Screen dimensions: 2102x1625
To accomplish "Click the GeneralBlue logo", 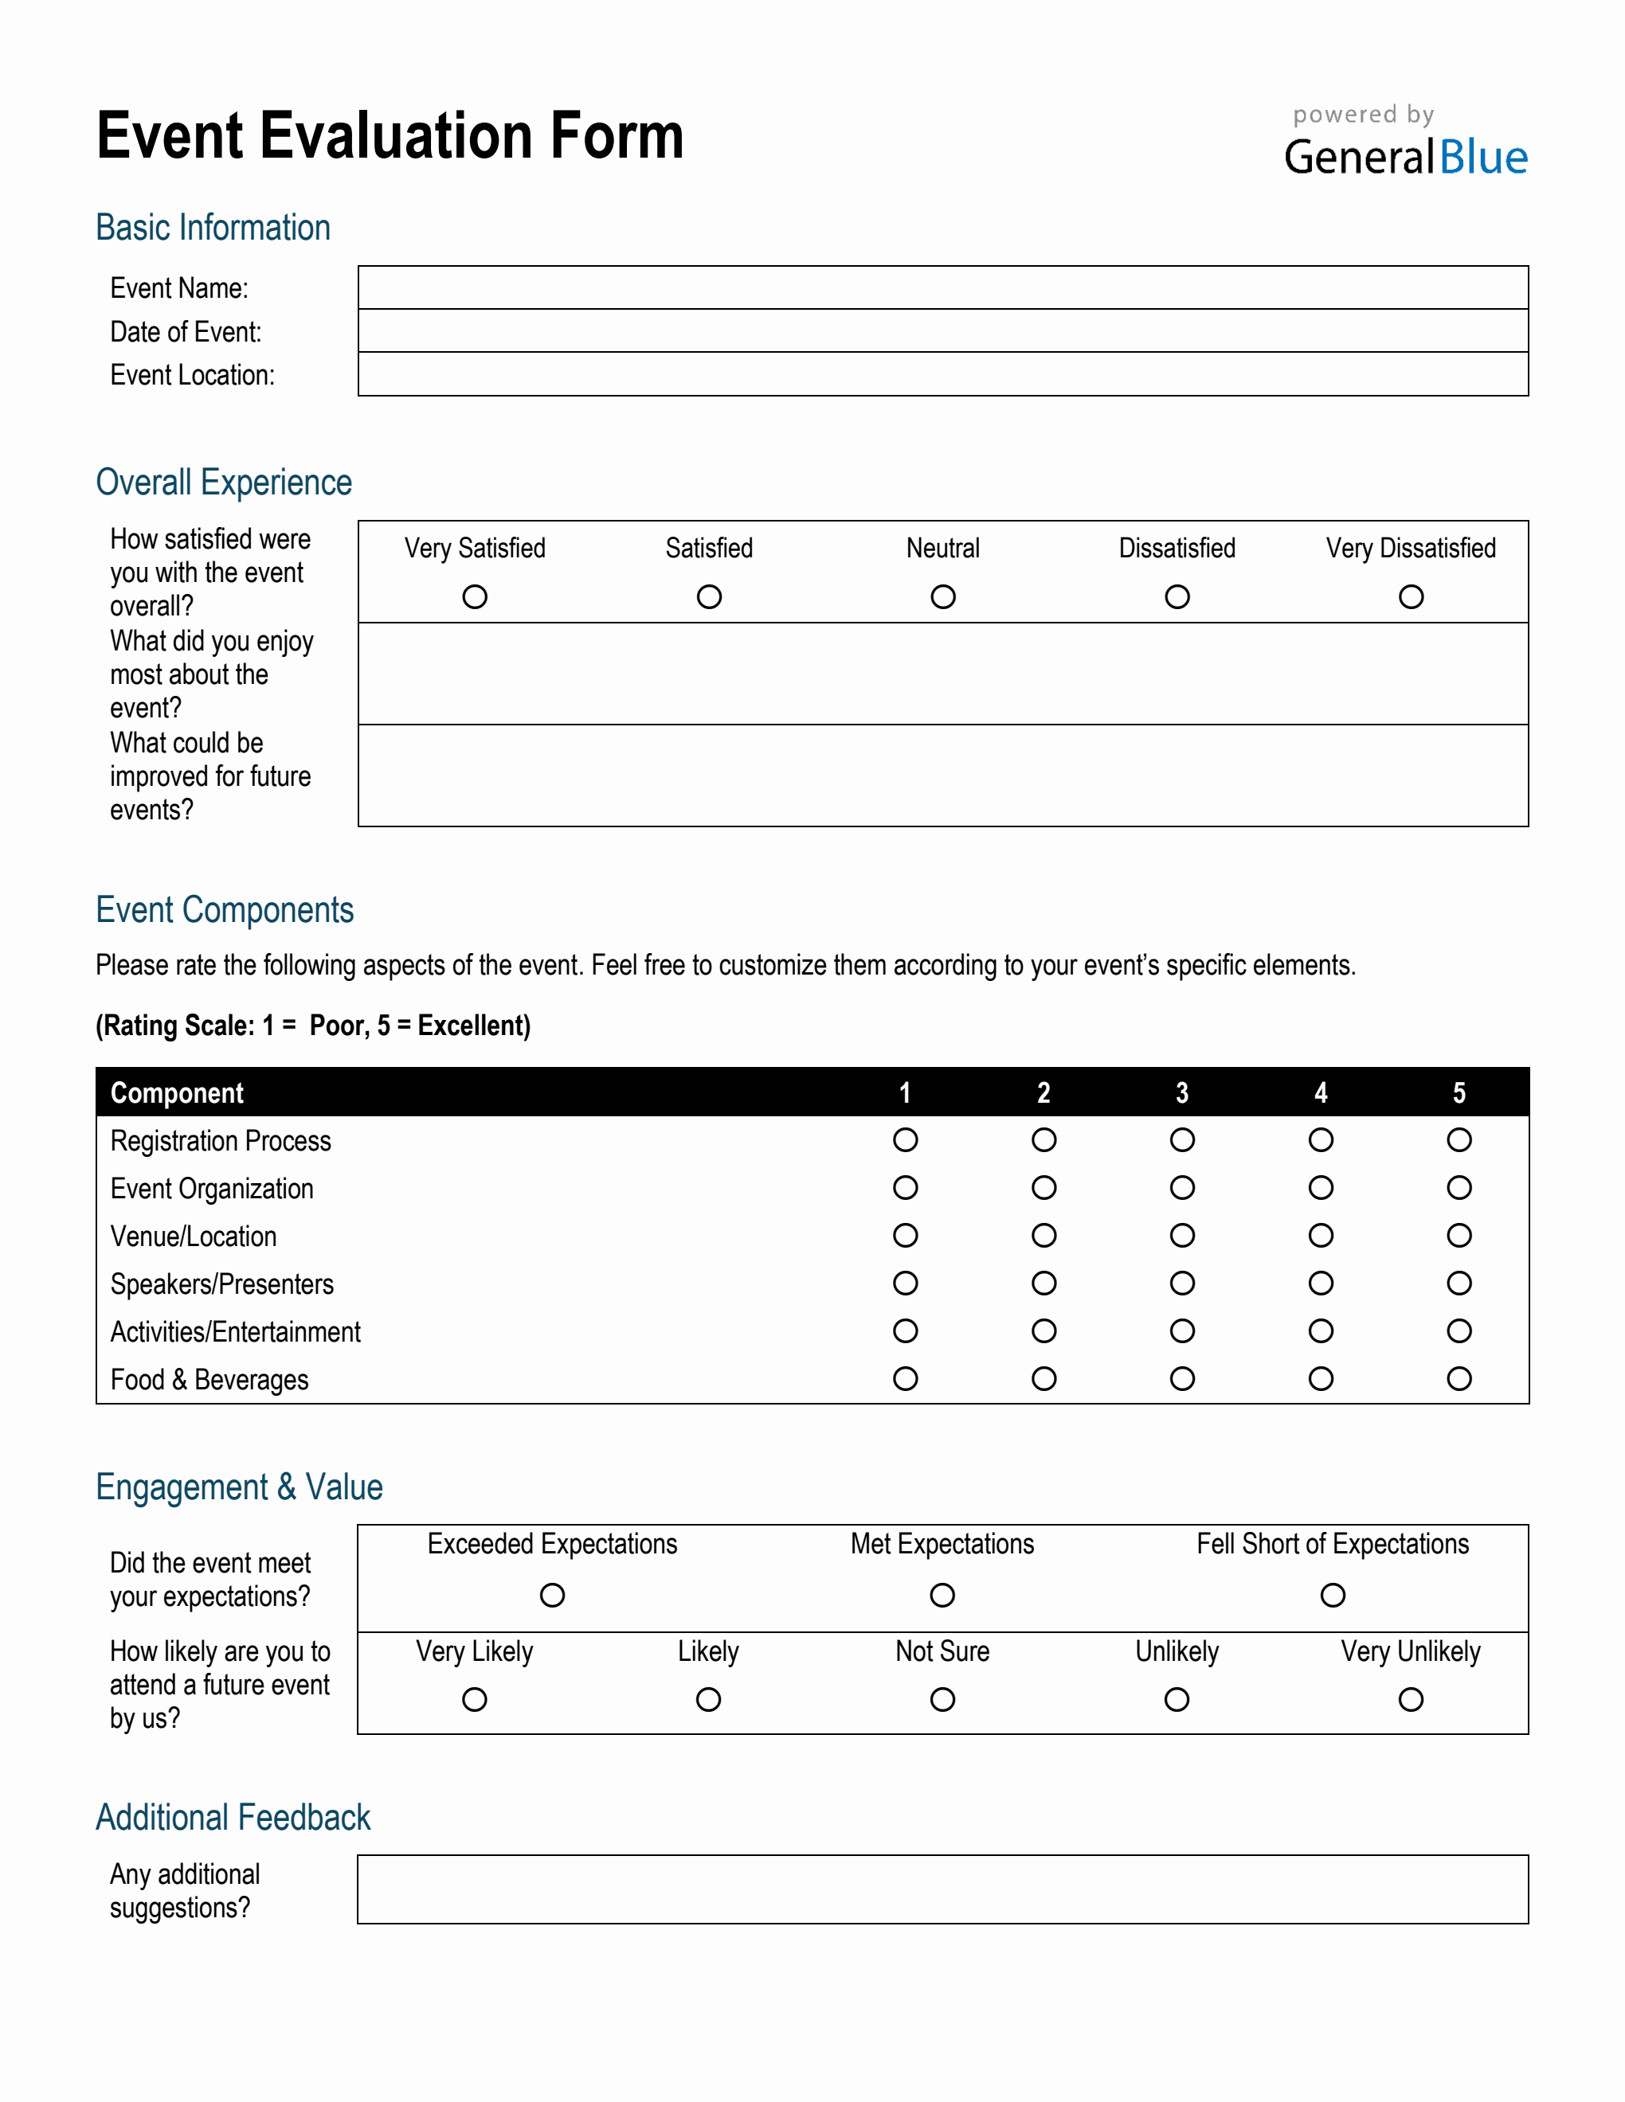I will coord(1404,156).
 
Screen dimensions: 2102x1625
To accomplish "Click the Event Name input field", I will coord(942,287).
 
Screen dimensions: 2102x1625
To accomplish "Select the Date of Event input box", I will coord(942,331).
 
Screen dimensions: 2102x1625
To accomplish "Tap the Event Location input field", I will coord(942,374).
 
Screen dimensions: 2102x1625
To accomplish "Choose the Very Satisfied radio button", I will coord(475,596).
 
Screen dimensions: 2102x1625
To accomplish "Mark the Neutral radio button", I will coord(942,596).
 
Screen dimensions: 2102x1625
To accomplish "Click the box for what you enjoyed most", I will coord(942,674).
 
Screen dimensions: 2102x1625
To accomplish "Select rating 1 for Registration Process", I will coord(905,1140).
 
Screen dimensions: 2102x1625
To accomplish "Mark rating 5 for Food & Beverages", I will coord(1459,1379).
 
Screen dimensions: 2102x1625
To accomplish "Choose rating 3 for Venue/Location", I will coord(1182,1236).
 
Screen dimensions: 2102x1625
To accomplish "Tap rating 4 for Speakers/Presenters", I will coord(1321,1284).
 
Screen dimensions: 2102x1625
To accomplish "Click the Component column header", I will coord(177,1093).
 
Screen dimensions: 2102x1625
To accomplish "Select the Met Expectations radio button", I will coord(942,1596).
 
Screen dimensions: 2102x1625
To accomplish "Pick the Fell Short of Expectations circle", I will coord(1333,1596).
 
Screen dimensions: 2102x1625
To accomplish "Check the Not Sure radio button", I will coord(942,1700).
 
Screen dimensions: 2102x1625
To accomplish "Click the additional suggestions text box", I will coord(942,1889).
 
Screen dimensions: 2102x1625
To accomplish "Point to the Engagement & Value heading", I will coord(239,1487).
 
